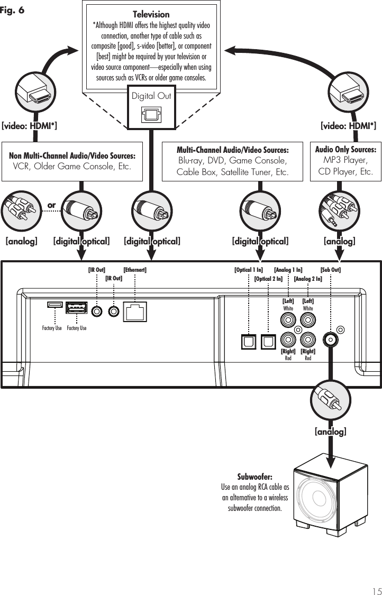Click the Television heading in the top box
click(x=151, y=14)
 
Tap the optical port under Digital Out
click(x=151, y=115)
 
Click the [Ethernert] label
click(x=135, y=270)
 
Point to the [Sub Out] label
click(x=330, y=270)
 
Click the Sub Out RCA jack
click(x=330, y=339)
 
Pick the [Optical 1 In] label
click(x=248, y=270)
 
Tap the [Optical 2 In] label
click(x=268, y=279)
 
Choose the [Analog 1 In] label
click(x=288, y=270)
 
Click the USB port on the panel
click(x=76, y=308)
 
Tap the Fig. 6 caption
click(x=12, y=10)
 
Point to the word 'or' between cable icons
click(x=52, y=205)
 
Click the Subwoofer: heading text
click(x=255, y=477)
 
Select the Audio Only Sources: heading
click(x=345, y=150)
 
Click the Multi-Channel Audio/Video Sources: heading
click(x=233, y=150)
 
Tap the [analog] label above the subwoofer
click(x=330, y=432)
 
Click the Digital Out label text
click(x=151, y=96)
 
